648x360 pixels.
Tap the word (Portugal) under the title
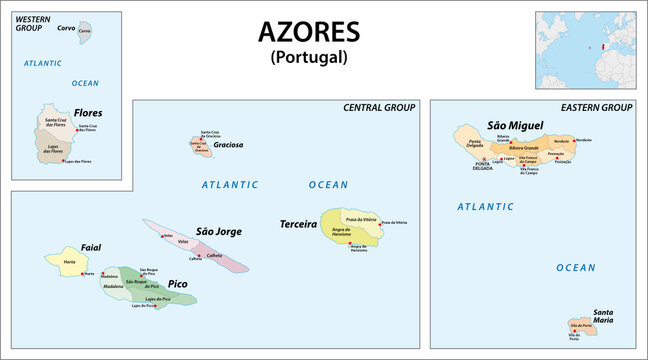click(308, 57)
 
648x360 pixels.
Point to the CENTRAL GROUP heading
click(380, 107)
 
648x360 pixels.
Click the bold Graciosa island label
click(229, 144)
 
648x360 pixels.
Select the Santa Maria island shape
click(578, 325)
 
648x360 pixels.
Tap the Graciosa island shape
click(201, 148)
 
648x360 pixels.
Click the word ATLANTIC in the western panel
click(44, 63)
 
